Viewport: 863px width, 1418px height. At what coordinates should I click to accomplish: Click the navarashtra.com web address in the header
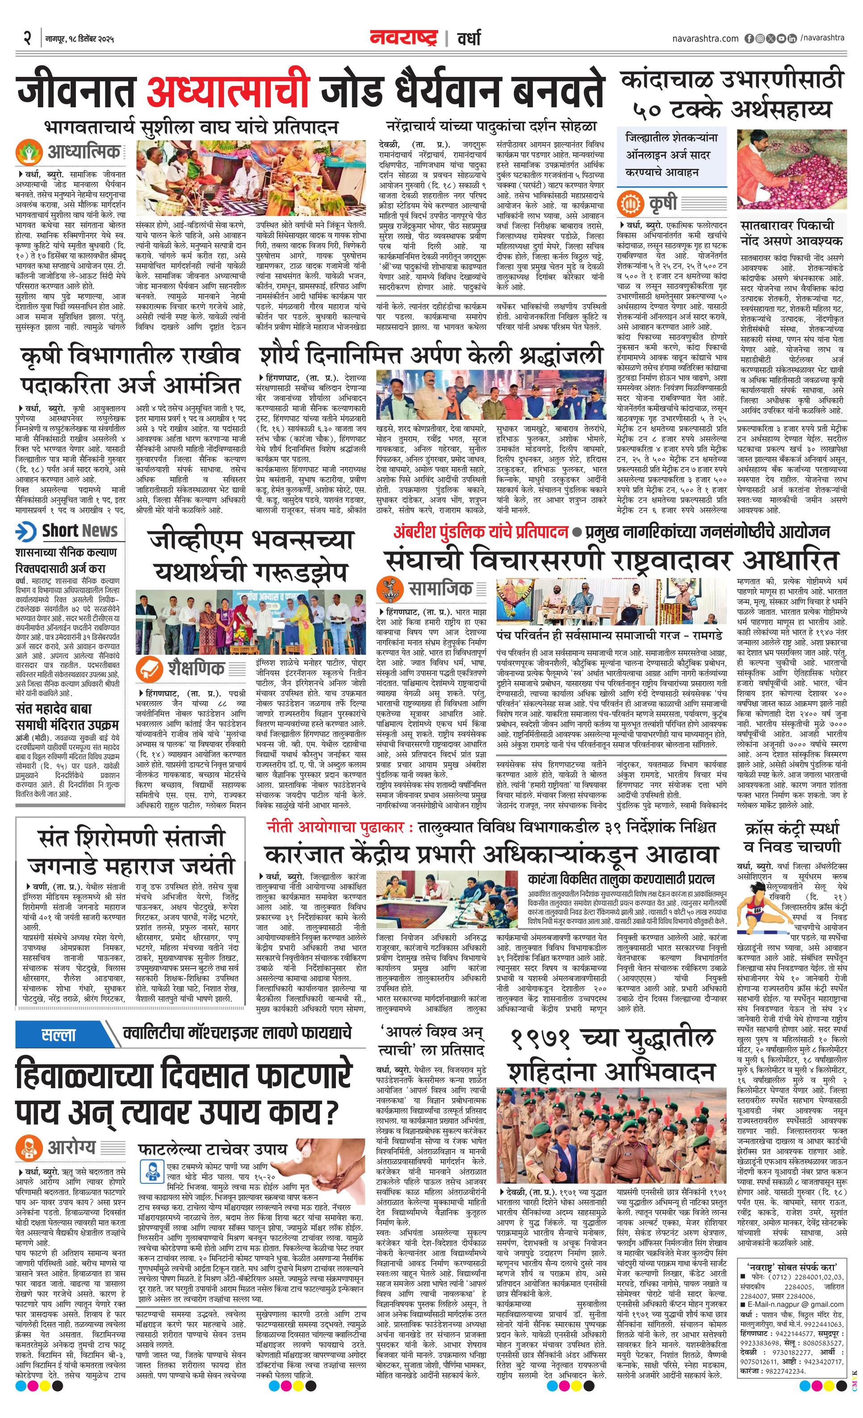705,38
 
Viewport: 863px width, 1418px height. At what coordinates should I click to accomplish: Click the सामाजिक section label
440,588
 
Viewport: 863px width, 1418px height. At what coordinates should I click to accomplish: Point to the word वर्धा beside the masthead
469,38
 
